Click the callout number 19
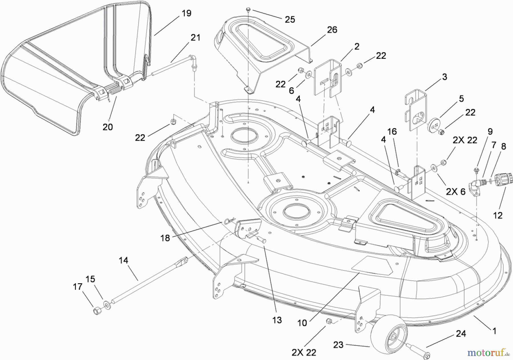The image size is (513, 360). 187,13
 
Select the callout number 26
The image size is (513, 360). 332,30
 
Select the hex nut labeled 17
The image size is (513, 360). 97,311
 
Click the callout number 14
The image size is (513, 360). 123,260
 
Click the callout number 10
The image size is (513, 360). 302,323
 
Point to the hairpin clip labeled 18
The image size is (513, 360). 230,221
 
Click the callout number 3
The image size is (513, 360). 444,77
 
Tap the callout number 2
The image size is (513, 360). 357,46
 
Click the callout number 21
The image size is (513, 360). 195,37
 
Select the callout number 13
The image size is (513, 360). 277,320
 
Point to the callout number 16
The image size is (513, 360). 392,132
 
